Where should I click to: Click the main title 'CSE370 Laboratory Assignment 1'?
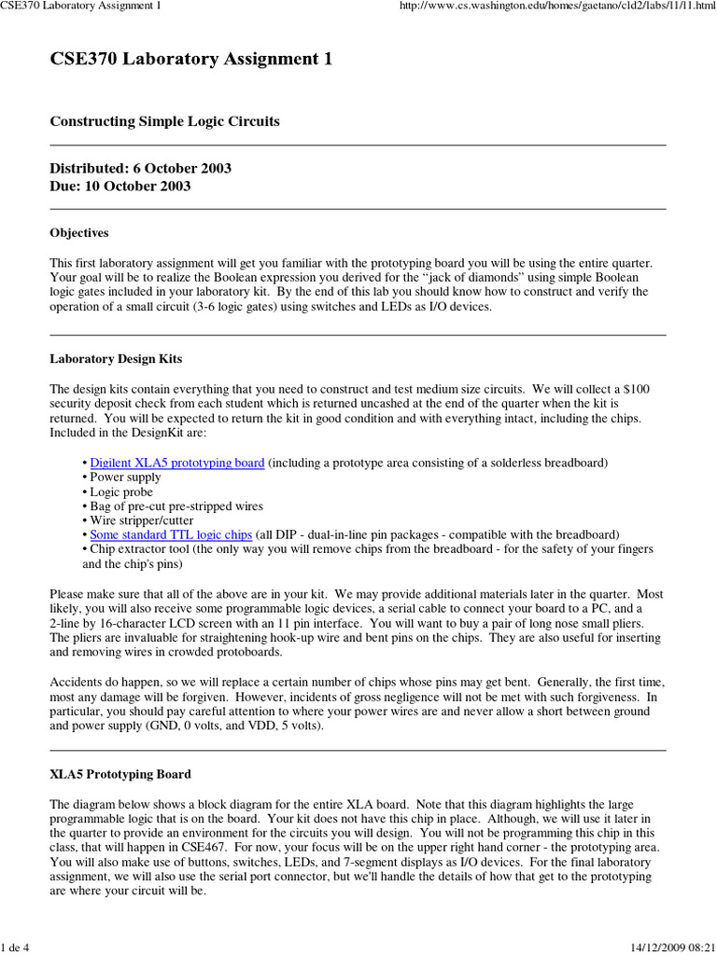(x=190, y=60)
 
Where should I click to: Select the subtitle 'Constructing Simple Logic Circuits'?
(x=164, y=121)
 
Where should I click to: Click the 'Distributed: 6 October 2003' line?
(x=140, y=169)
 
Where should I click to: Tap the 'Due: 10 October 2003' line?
(x=119, y=186)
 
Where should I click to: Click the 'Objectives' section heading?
(x=78, y=232)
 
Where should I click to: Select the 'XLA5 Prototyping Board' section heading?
(x=119, y=774)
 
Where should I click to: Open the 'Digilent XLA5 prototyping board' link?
(x=177, y=463)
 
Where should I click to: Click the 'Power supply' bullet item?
(x=119, y=477)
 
